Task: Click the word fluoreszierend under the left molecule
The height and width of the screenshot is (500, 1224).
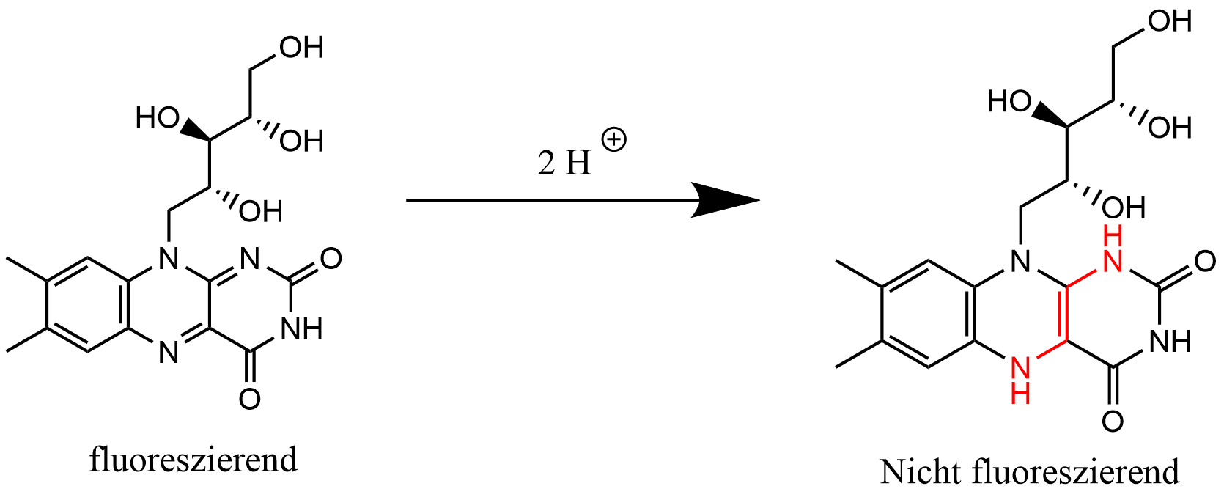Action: (193, 460)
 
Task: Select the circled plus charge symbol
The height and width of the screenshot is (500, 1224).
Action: (613, 140)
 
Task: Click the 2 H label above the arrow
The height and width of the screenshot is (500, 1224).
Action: (564, 163)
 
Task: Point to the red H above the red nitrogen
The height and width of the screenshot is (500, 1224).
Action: (1113, 237)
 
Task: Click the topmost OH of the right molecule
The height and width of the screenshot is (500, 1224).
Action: (1170, 21)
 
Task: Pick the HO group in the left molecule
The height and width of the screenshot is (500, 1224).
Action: (158, 118)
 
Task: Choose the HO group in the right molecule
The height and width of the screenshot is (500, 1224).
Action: (1009, 102)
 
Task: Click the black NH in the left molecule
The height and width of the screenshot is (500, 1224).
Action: (301, 329)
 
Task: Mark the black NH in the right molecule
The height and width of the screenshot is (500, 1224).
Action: (1170, 342)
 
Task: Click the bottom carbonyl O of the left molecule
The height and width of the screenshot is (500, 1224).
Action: (250, 399)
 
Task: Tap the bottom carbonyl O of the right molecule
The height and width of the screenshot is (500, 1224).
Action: (1113, 422)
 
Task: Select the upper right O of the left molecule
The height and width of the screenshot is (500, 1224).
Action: (331, 259)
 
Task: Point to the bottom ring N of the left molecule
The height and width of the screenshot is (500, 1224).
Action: (169, 352)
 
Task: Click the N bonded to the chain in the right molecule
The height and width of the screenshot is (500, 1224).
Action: (1020, 262)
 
